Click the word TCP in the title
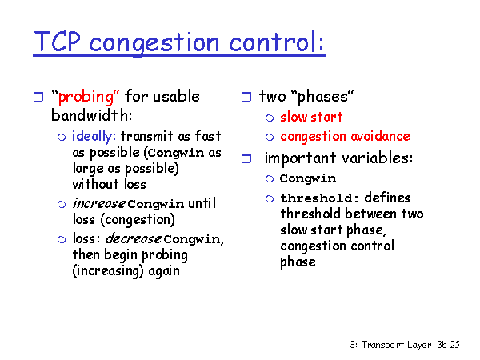[58, 42]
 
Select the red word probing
[86, 97]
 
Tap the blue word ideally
[92, 136]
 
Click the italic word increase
[98, 203]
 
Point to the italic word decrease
[133, 238]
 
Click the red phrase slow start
[311, 117]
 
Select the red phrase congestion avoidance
[345, 137]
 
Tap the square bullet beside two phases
[246, 97]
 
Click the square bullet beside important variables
[246, 158]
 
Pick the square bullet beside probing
[38, 97]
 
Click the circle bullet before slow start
[270, 118]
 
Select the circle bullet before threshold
[270, 199]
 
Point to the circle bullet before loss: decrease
[62, 239]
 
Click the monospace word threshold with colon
[319, 198]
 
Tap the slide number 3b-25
[448, 345]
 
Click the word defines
[387, 198]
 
